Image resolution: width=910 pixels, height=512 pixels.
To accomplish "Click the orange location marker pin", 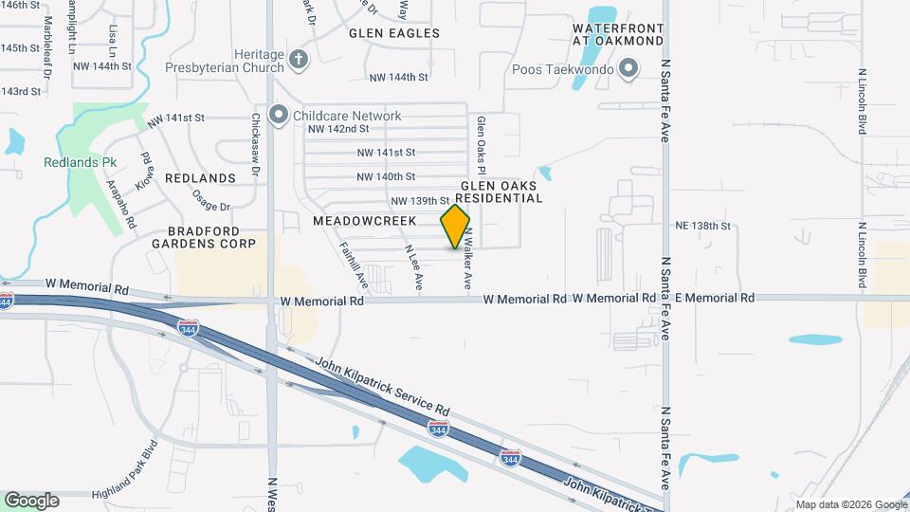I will (455, 227).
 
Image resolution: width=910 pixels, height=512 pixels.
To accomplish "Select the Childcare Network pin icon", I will (278, 116).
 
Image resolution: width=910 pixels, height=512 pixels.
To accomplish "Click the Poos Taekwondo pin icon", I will (628, 68).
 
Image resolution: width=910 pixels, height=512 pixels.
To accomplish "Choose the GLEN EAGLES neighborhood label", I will (394, 33).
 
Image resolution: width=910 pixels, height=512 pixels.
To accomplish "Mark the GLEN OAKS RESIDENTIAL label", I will (501, 192).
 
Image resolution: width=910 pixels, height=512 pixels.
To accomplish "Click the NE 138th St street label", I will (703, 227).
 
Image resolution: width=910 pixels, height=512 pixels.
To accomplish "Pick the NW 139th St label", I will (419, 201).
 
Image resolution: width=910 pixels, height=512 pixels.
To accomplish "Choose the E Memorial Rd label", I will (708, 298).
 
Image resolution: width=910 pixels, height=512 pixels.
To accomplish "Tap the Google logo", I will (31, 500).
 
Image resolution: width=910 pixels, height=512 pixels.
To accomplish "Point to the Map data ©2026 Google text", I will (850, 504).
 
